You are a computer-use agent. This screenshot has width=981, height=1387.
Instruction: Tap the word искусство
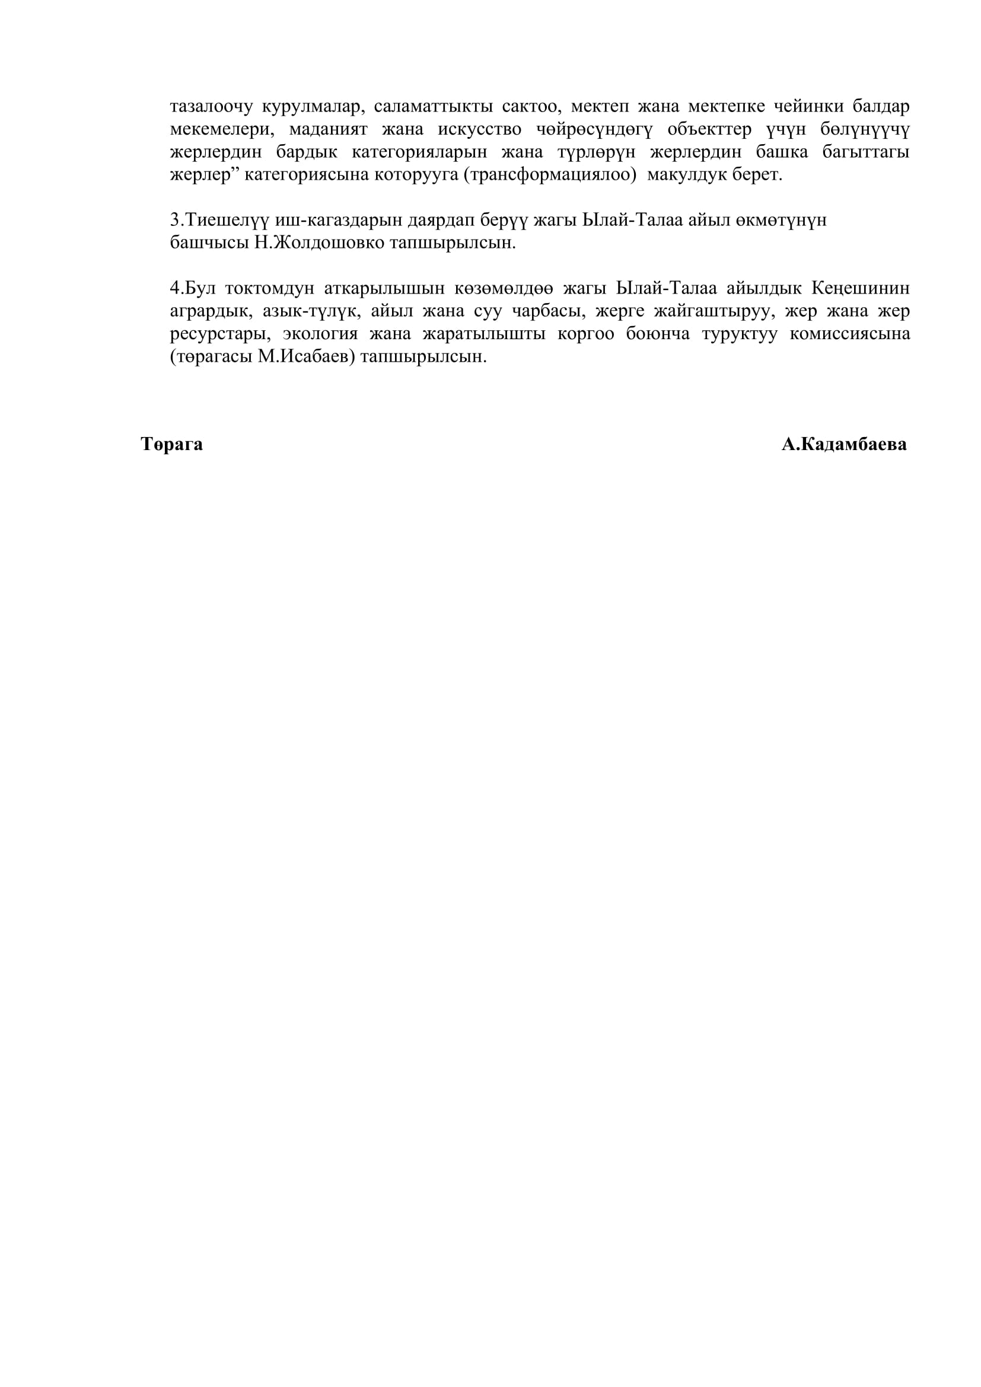click(x=480, y=130)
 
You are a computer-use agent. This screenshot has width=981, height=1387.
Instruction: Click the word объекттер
click(x=709, y=130)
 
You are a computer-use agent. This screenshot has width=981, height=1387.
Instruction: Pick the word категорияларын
click(x=419, y=152)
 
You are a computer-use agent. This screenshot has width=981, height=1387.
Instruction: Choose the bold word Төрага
click(x=171, y=445)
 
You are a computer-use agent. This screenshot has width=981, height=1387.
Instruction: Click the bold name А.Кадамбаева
click(x=844, y=445)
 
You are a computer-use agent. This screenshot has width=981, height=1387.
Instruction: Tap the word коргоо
click(x=585, y=334)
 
